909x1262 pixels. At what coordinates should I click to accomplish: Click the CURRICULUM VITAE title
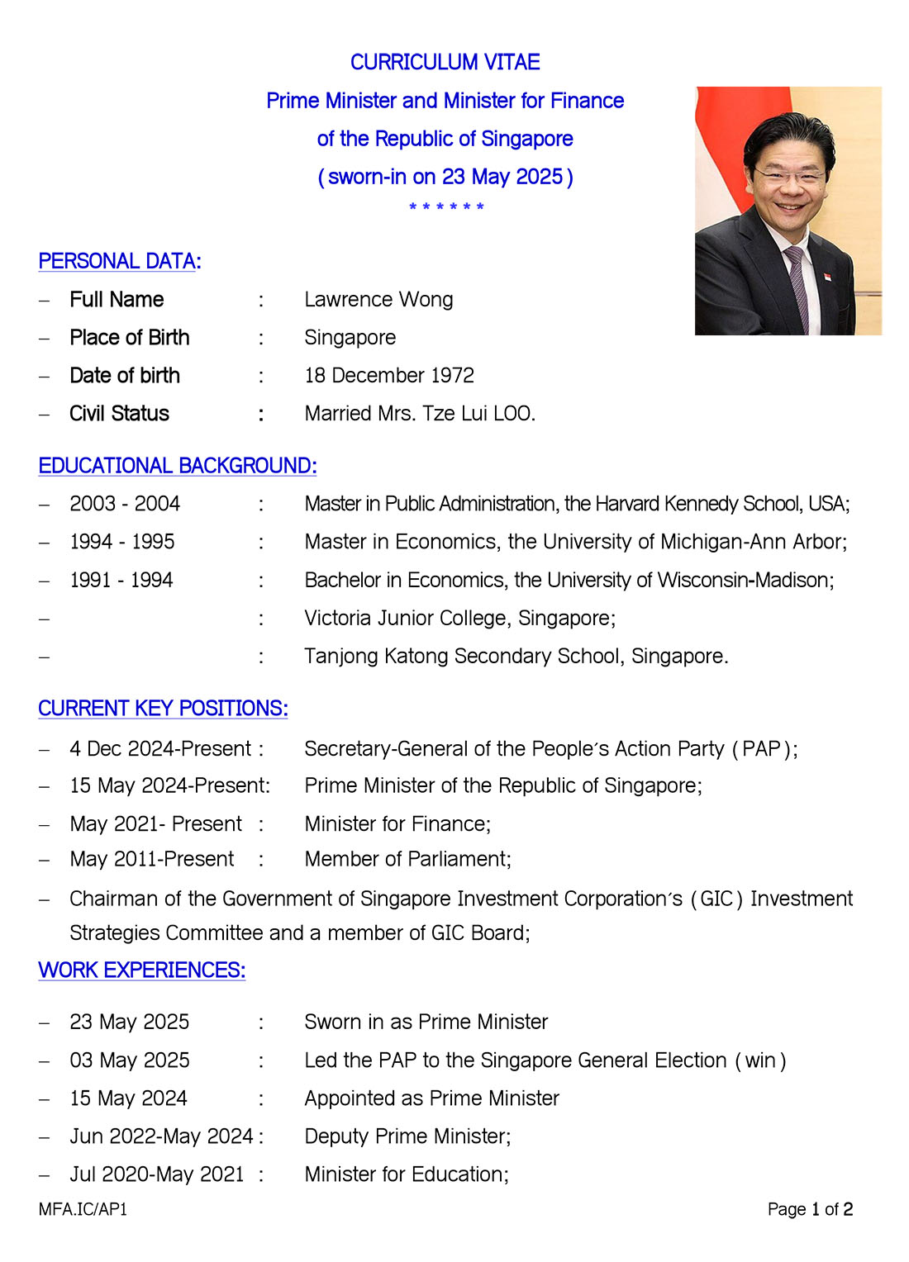tap(445, 63)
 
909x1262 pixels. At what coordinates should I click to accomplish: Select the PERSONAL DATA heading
tap(120, 262)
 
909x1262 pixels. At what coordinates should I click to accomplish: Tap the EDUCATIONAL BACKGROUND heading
tap(178, 467)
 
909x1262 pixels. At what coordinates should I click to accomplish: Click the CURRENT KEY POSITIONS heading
tap(163, 709)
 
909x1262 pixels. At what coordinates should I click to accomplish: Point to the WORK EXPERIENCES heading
tap(142, 970)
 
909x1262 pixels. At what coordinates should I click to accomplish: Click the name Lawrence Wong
tap(378, 300)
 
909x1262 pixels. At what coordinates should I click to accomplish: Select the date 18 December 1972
tap(389, 376)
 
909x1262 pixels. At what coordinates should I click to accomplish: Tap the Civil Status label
tap(119, 414)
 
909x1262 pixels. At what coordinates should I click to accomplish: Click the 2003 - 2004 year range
tap(125, 504)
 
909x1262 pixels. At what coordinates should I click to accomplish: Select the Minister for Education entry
tap(406, 1174)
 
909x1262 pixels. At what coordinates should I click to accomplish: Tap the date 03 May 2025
tap(130, 1060)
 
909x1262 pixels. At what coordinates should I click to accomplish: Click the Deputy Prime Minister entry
tap(407, 1136)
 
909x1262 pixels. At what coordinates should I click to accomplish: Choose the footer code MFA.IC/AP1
tap(83, 1210)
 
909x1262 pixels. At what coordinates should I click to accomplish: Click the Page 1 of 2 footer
tap(810, 1210)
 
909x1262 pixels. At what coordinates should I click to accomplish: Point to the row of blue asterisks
tap(446, 206)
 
